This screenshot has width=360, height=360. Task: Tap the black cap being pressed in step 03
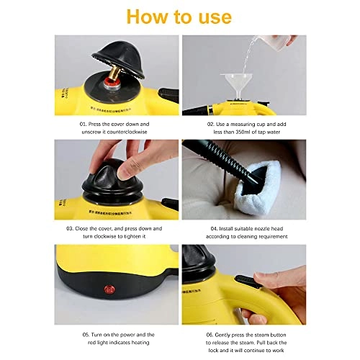point(104,176)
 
